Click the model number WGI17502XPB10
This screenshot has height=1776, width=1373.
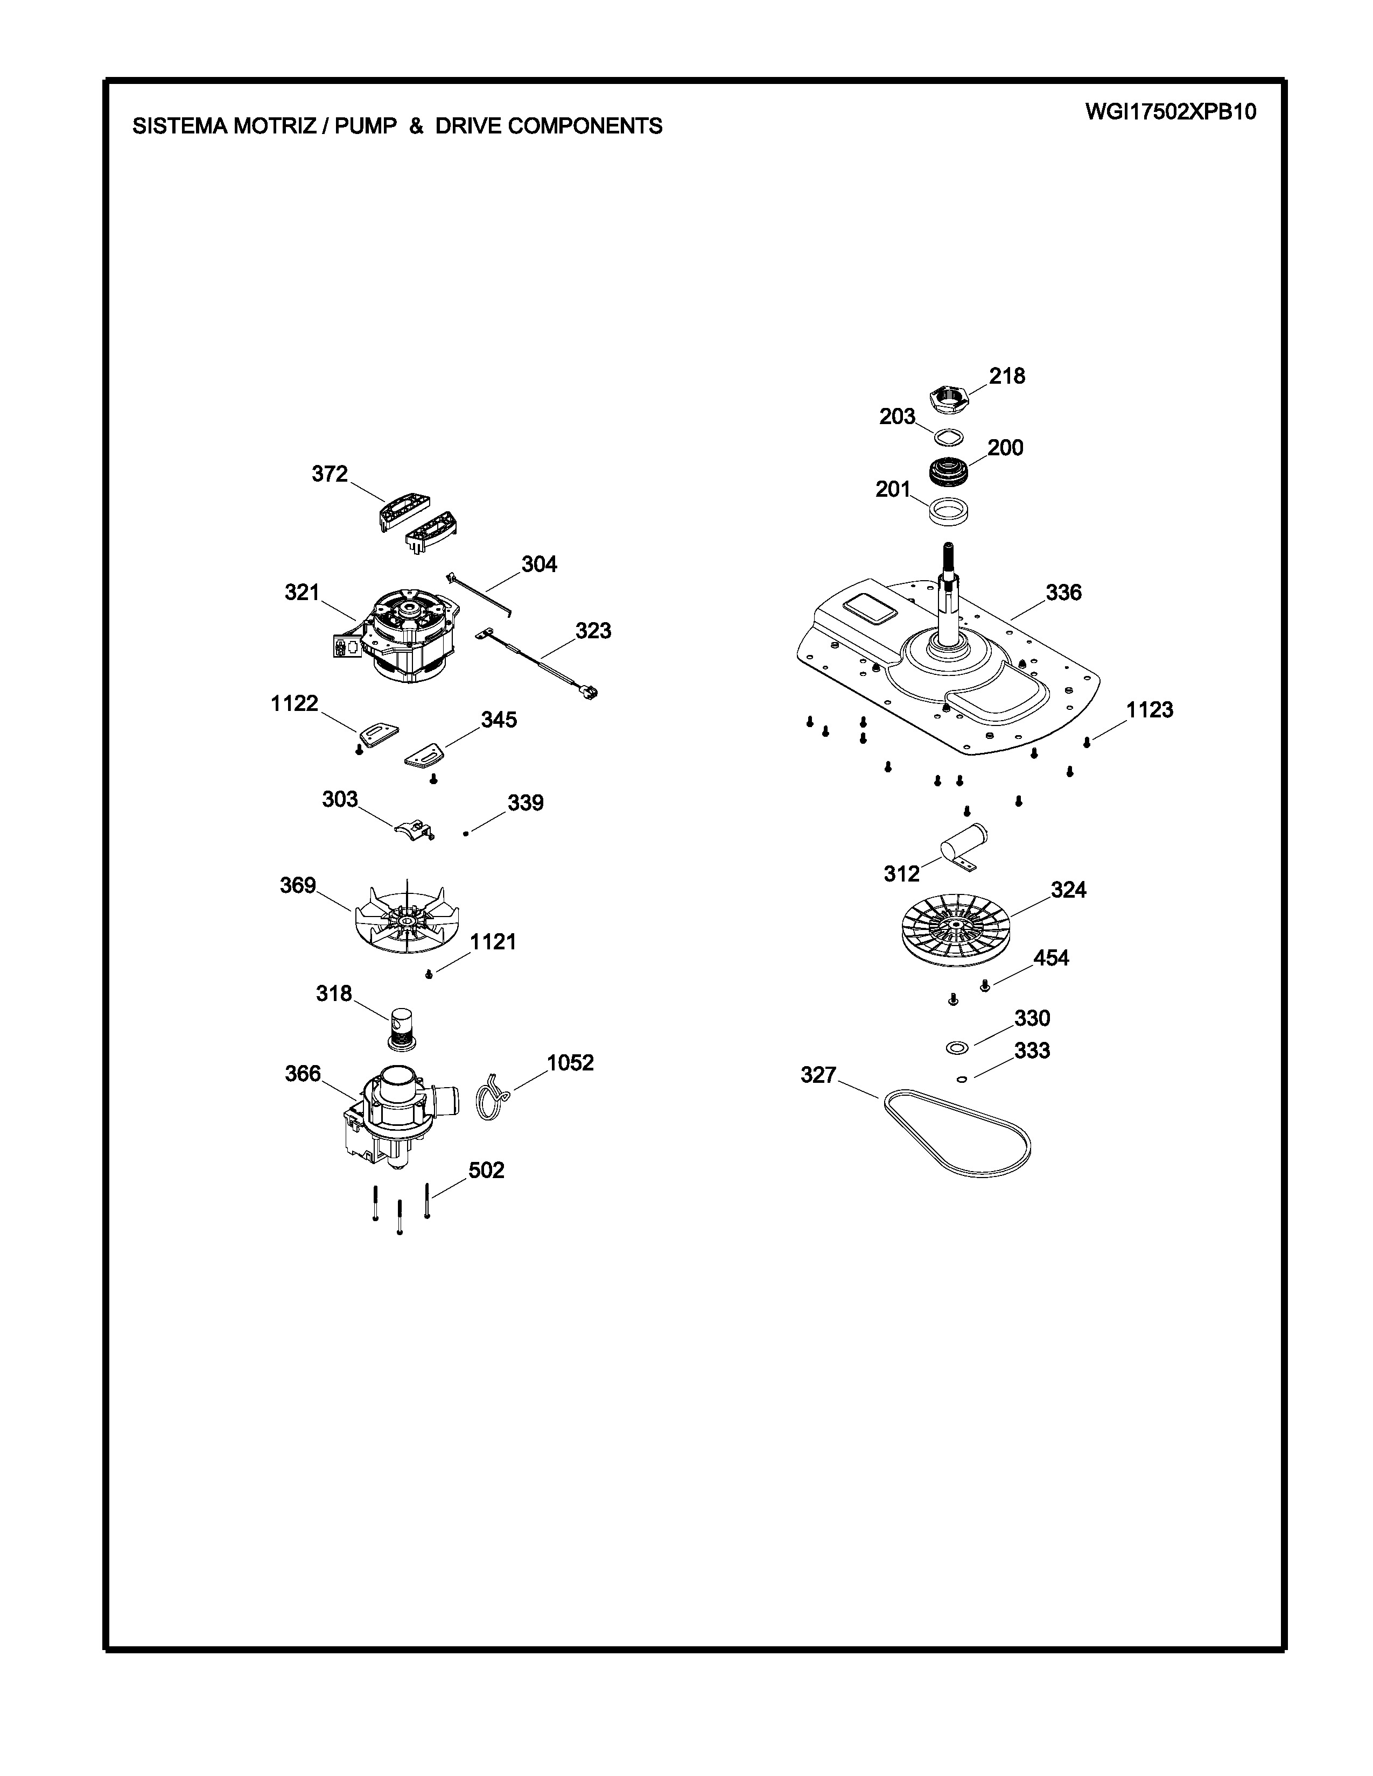(1171, 112)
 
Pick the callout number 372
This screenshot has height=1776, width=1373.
(330, 474)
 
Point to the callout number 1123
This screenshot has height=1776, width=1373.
(1150, 710)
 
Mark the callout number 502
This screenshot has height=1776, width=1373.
(486, 1170)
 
